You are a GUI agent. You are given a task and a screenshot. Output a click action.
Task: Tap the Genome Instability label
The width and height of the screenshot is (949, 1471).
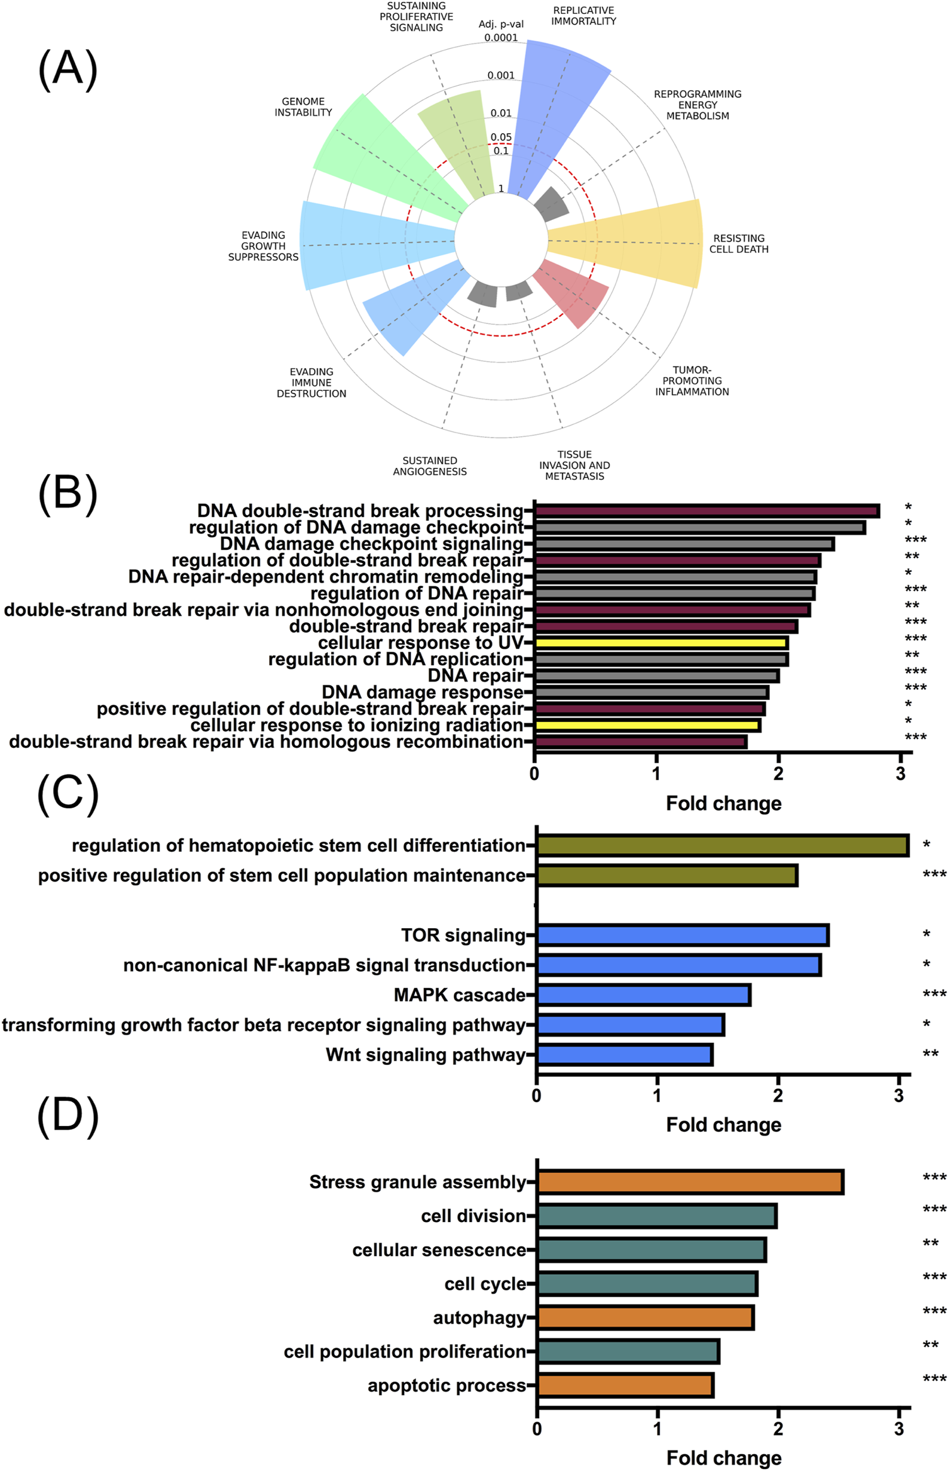click(x=303, y=107)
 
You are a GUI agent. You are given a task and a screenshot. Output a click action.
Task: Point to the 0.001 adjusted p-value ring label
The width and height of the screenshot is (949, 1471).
click(x=501, y=76)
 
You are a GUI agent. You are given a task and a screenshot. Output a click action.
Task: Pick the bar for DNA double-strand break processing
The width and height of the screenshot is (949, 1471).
click(x=706, y=511)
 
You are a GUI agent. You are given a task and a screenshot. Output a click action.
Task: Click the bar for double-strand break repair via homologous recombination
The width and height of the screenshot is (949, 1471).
click(x=640, y=742)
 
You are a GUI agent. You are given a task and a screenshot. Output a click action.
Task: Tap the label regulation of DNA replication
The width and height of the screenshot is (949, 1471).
click(x=395, y=660)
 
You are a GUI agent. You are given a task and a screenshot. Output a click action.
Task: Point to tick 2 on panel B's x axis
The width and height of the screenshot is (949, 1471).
click(x=778, y=774)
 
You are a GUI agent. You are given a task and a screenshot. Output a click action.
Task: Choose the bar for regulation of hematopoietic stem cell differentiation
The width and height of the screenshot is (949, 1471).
click(x=722, y=846)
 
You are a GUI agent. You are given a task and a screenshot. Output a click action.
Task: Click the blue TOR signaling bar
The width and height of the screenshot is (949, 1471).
click(x=682, y=935)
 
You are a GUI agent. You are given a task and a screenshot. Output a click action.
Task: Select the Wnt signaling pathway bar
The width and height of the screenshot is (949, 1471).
click(x=624, y=1055)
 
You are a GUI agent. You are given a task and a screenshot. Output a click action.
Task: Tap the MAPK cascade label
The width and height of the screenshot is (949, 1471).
click(x=459, y=995)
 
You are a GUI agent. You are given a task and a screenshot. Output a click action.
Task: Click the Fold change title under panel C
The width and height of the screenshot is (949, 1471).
click(x=723, y=1124)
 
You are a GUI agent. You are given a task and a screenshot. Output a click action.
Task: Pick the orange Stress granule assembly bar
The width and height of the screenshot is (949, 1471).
click(x=690, y=1182)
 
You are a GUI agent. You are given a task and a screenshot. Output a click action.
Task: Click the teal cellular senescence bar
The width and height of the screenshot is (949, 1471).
click(x=651, y=1250)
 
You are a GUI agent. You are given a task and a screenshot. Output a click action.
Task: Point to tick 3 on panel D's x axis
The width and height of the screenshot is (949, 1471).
click(x=899, y=1429)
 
